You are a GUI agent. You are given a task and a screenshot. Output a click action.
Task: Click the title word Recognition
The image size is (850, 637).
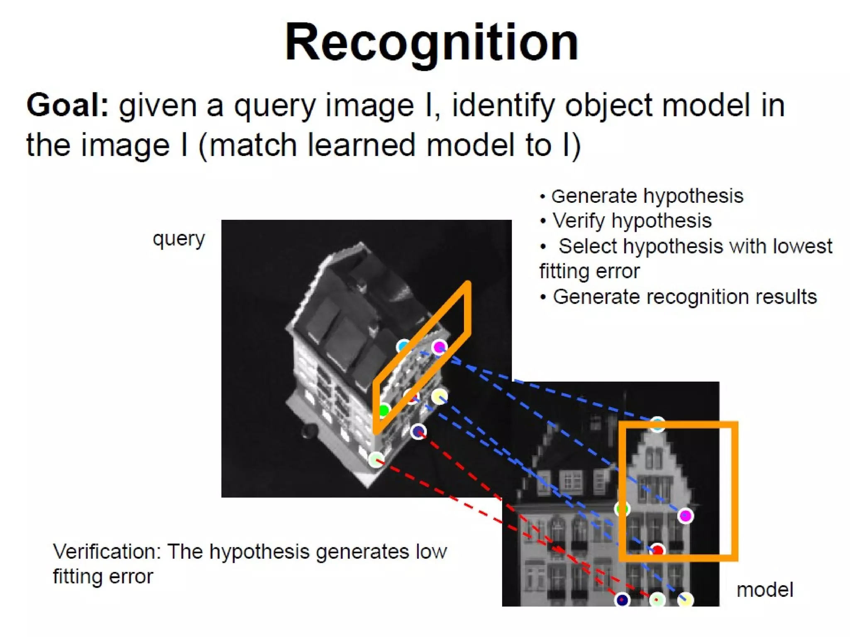point(432,43)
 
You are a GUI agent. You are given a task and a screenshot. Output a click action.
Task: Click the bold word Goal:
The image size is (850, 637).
point(68,105)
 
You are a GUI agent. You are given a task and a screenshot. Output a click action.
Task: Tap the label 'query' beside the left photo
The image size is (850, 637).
point(179,239)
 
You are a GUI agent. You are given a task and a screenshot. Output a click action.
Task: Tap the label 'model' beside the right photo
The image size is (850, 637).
point(765,590)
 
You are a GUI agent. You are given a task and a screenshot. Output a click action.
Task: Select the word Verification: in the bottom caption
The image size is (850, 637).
point(107,552)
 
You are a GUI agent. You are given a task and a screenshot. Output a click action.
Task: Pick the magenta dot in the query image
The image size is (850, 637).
point(439,347)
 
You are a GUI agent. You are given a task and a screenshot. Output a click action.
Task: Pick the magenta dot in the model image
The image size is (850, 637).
point(685,516)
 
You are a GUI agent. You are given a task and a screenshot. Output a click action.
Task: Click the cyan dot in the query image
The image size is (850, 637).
point(403,346)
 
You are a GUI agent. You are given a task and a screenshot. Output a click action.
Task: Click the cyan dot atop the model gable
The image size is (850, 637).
point(657,424)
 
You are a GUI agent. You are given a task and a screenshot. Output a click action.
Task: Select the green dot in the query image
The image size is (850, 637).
point(383,411)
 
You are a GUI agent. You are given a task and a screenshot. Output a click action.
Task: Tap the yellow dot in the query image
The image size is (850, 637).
point(439,397)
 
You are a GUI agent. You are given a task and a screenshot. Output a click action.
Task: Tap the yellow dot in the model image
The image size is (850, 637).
point(685,600)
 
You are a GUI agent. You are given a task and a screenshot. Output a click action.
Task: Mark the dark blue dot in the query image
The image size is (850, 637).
point(418,432)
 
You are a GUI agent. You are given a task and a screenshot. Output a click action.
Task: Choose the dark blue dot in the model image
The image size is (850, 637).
point(622,600)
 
